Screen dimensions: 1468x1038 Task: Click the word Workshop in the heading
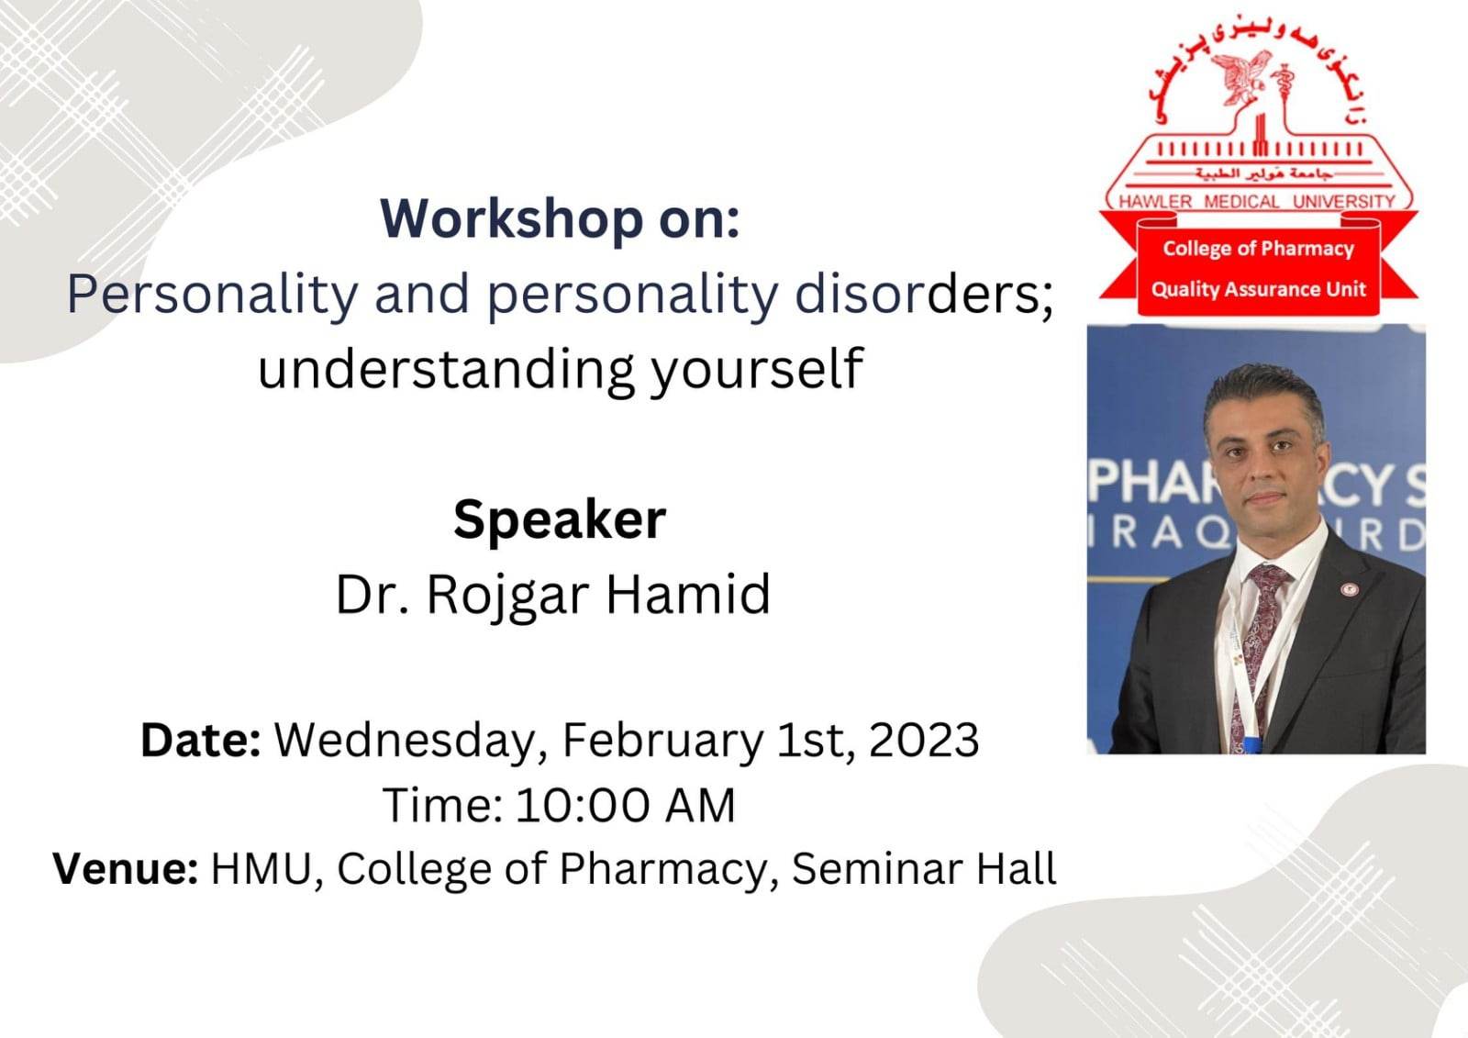tap(512, 219)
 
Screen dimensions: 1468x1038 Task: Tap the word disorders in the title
tap(923, 295)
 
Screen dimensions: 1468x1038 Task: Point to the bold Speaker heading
tap(560, 519)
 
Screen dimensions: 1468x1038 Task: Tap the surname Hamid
tap(687, 594)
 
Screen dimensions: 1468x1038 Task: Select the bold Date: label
tap(201, 741)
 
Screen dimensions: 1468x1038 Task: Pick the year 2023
tap(923, 741)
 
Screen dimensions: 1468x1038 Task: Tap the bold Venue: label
tap(125, 869)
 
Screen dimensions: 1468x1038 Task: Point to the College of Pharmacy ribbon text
tap(1258, 249)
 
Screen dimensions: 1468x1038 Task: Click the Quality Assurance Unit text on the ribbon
tap(1258, 289)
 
